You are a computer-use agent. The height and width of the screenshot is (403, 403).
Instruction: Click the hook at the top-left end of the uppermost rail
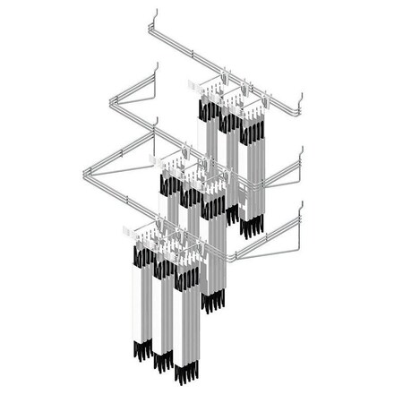(x=153, y=14)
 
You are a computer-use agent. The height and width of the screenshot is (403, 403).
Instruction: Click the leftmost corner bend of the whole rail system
(x=86, y=177)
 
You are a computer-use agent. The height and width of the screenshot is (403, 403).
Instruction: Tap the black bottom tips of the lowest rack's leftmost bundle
(x=141, y=350)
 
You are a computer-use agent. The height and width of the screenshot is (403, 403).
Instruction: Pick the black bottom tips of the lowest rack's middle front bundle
(x=163, y=362)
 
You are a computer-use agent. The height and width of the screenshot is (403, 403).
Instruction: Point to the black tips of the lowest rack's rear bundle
(x=213, y=302)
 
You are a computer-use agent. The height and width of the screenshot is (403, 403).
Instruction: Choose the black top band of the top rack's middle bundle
(x=229, y=123)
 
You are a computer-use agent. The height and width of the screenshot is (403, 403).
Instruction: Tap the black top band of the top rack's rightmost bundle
(x=252, y=133)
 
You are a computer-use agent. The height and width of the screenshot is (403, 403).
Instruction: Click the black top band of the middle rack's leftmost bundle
(x=168, y=185)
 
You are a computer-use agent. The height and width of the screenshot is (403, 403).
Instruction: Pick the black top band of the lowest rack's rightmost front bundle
(x=186, y=279)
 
